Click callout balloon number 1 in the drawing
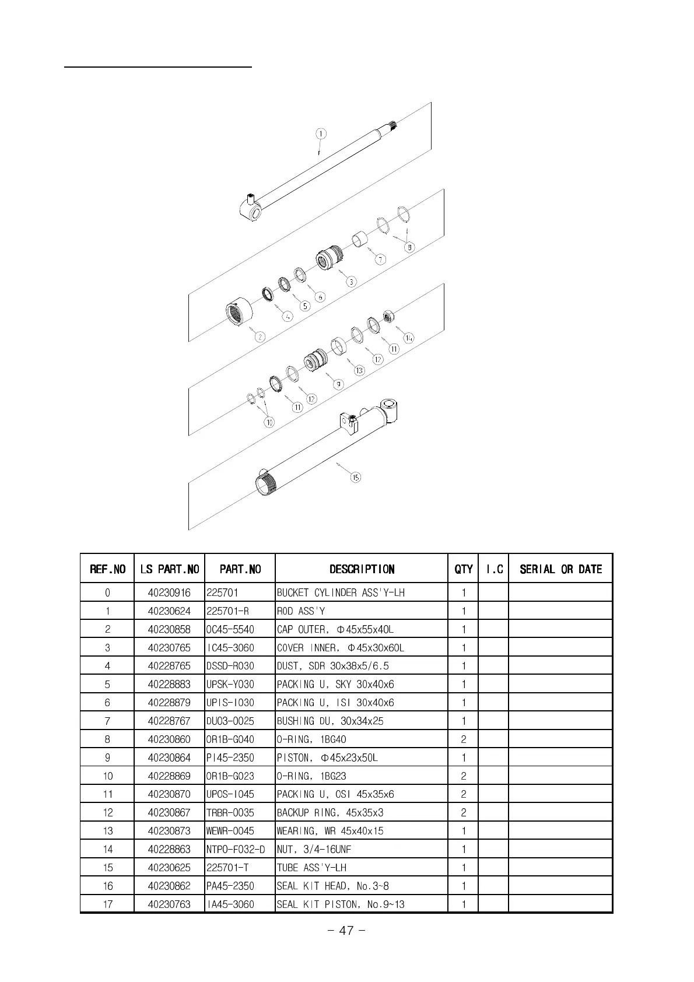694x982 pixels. [321, 134]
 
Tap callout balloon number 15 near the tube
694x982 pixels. [355, 477]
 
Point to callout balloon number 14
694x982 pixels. [409, 338]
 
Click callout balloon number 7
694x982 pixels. [380, 259]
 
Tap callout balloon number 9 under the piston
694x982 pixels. [338, 384]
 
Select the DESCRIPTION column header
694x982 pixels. [362, 569]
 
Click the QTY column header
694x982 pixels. [464, 569]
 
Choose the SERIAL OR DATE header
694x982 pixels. [560, 569]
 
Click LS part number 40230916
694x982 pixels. [169, 592]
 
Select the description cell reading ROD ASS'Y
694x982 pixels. [301, 611]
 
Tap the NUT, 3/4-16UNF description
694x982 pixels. [314, 849]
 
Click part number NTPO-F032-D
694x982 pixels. [236, 849]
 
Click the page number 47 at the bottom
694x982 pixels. [346, 931]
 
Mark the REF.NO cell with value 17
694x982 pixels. [107, 904]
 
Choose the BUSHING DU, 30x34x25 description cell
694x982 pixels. [330, 721]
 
